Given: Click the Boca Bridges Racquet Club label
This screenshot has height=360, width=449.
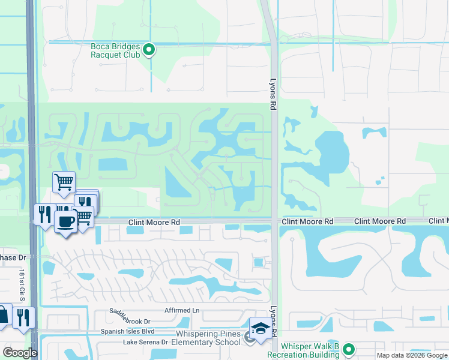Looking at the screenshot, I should pos(115,50).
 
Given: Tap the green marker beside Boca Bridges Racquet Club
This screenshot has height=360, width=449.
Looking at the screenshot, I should pos(149,50).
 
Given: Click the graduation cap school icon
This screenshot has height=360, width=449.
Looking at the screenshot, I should pos(261,329).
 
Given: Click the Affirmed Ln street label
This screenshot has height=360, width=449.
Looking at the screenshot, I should pos(181,311).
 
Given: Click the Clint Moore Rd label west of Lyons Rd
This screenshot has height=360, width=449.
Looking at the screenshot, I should pos(154,222).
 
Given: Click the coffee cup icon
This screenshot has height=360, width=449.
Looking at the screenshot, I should pos(65,221).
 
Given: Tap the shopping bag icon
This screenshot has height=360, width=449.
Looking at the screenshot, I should pos(3,315).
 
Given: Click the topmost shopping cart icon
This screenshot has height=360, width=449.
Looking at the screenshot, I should pos(64,181).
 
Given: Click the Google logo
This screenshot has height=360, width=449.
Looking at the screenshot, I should pos(20,353).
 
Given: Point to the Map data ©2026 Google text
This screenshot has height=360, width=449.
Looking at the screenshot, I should pos(411,355).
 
